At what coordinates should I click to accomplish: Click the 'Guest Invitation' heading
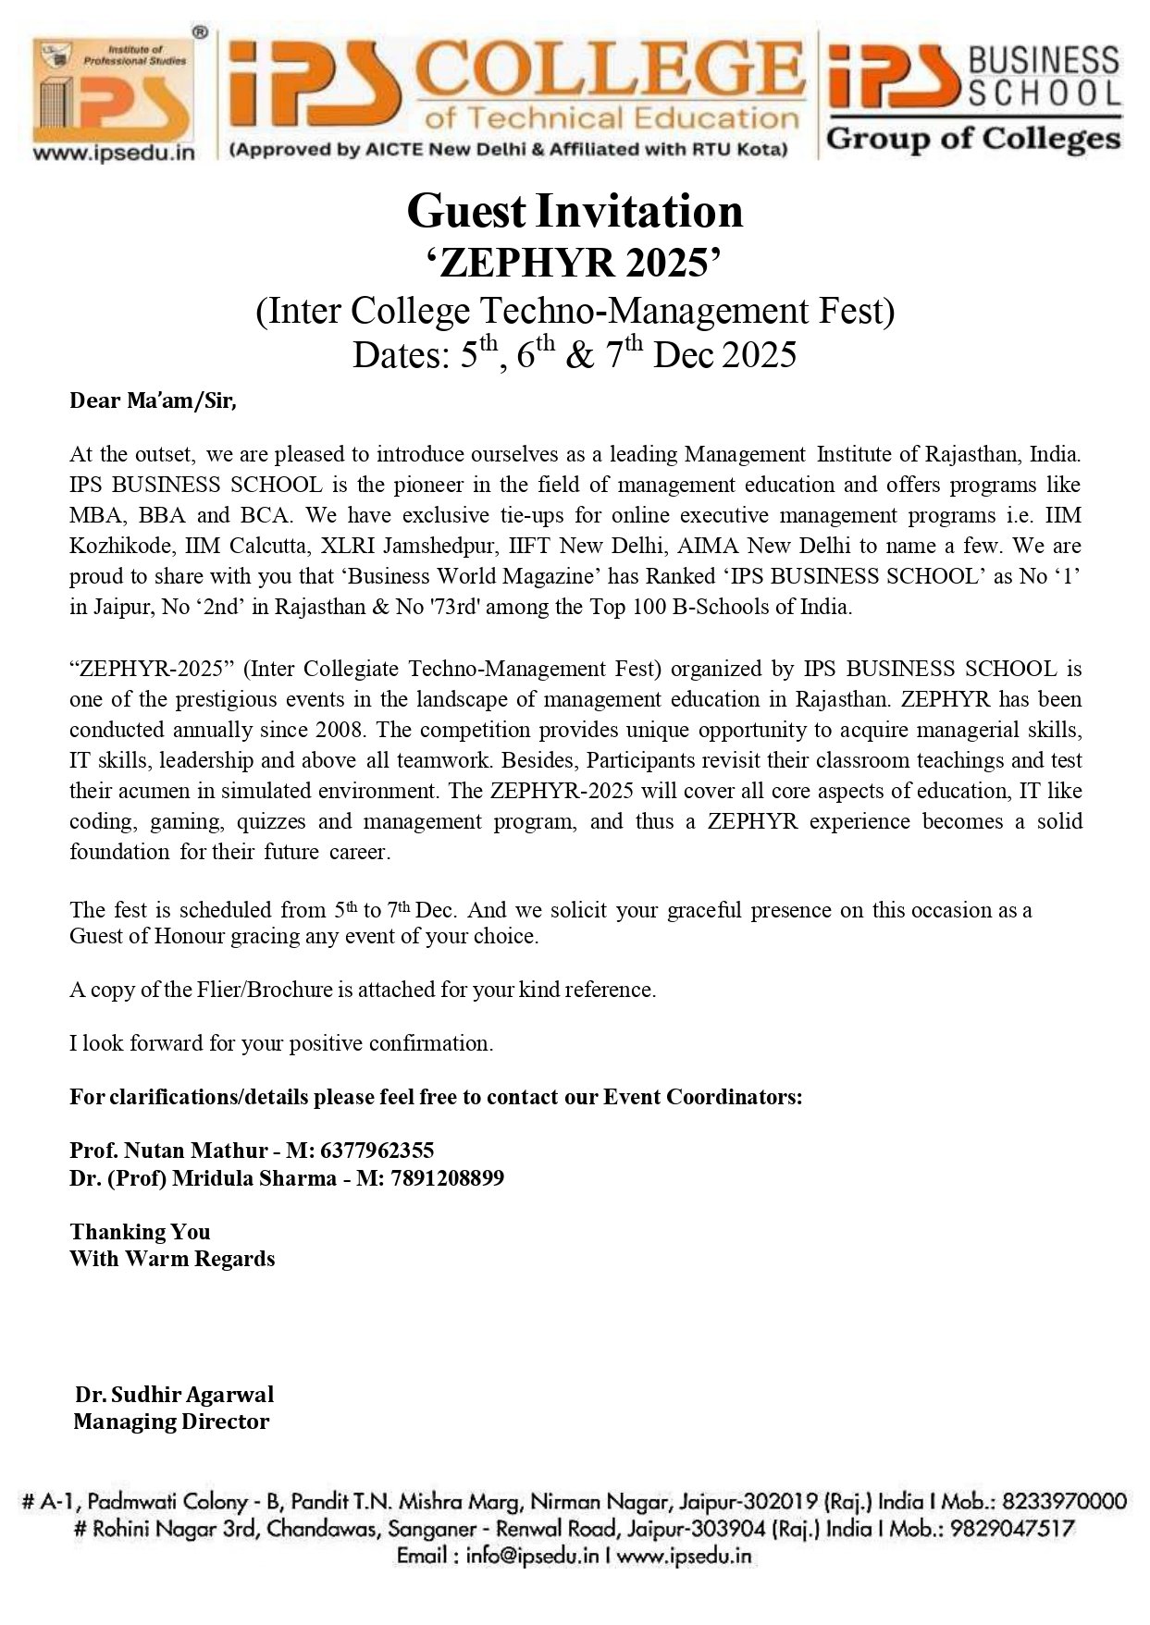(x=575, y=212)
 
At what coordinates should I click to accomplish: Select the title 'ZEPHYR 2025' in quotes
(x=575, y=264)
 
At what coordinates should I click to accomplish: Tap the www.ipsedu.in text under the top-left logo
(x=114, y=154)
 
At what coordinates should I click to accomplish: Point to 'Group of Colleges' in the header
(x=972, y=140)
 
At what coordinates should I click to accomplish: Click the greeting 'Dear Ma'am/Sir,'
(x=154, y=401)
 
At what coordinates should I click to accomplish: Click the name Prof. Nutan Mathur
(x=168, y=1151)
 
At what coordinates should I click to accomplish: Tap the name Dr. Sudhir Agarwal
(x=175, y=1394)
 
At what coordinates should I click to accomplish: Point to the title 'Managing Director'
(x=171, y=1422)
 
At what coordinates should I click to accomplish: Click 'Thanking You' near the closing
(x=140, y=1232)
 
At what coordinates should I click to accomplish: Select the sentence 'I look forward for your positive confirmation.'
(x=281, y=1043)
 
